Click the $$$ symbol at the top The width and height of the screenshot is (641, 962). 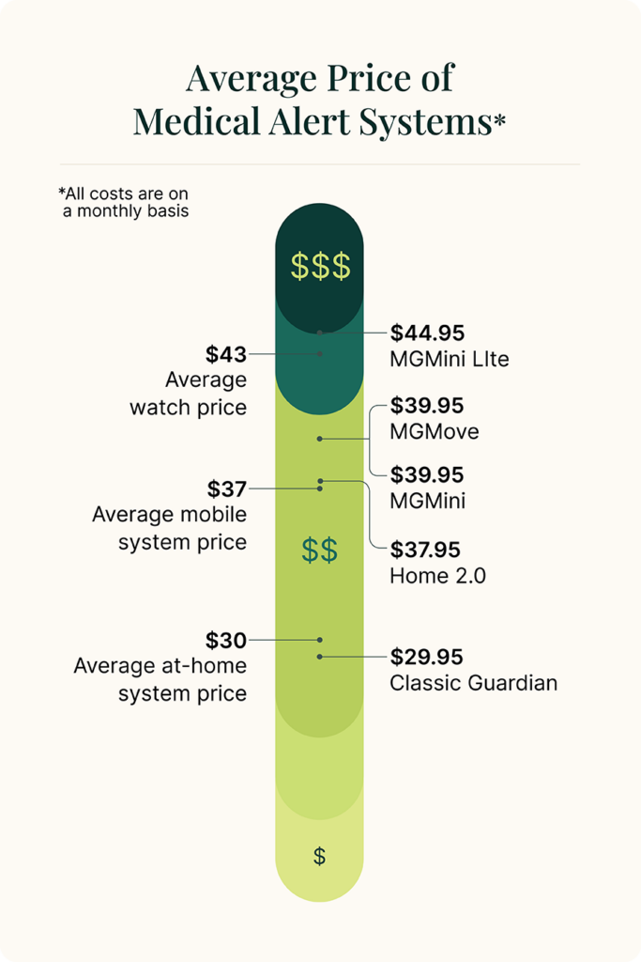320,267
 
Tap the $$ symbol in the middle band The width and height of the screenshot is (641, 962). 320,551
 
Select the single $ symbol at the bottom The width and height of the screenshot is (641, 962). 319,856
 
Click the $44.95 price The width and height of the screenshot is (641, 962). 427,333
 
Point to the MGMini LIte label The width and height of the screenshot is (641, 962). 450,359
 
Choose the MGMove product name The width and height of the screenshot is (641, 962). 435,432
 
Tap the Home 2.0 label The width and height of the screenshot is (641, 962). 438,576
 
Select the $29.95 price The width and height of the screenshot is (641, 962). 427,656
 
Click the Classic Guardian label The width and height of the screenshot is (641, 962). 473,682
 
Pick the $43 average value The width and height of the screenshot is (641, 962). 226,354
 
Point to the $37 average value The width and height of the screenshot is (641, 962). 226,489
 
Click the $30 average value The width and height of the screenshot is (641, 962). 226,641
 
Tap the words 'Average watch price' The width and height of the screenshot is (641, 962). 189,395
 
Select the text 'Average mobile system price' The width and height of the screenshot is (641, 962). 169,528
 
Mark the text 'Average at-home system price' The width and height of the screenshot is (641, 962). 160,680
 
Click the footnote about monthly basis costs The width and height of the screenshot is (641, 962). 123,202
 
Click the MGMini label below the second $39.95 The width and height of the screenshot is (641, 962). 427,502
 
